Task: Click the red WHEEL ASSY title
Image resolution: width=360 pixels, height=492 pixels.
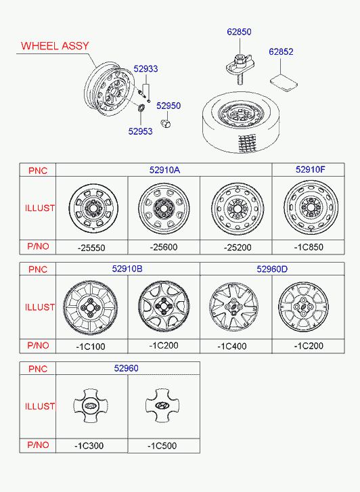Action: pyautogui.click(x=55, y=46)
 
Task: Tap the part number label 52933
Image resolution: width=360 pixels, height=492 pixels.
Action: pyautogui.click(x=145, y=69)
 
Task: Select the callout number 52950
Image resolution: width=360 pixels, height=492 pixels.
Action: pyautogui.click(x=168, y=106)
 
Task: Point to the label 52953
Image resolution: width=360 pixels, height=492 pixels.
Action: pyautogui.click(x=140, y=131)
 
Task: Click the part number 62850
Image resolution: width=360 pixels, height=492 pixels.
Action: pyautogui.click(x=239, y=32)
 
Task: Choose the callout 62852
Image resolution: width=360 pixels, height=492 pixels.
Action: pyautogui.click(x=281, y=51)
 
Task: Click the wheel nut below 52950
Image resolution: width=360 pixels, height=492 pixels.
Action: pyautogui.click(x=166, y=123)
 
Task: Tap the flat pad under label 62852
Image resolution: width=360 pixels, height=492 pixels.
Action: pyautogui.click(x=284, y=82)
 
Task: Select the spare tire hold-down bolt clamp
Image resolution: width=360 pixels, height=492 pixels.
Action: pyautogui.click(x=239, y=67)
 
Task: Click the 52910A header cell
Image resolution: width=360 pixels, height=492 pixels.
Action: pyautogui.click(x=164, y=170)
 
